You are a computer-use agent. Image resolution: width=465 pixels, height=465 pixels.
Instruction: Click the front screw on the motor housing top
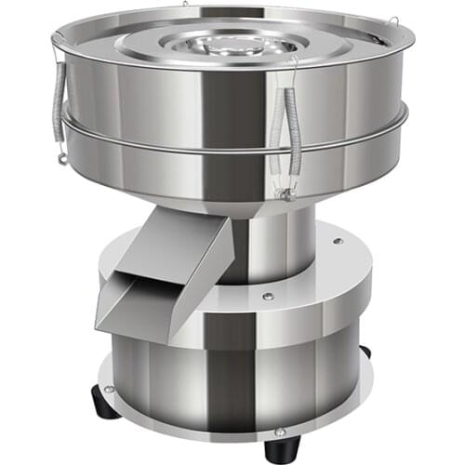(267, 296)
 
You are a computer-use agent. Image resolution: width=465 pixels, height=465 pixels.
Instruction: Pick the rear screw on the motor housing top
(337, 242)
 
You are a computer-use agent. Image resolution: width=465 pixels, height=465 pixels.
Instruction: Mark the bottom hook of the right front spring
(288, 193)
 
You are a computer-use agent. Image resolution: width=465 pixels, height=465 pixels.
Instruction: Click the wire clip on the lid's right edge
(394, 22)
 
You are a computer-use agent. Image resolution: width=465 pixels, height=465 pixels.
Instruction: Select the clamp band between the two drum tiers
(232, 149)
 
